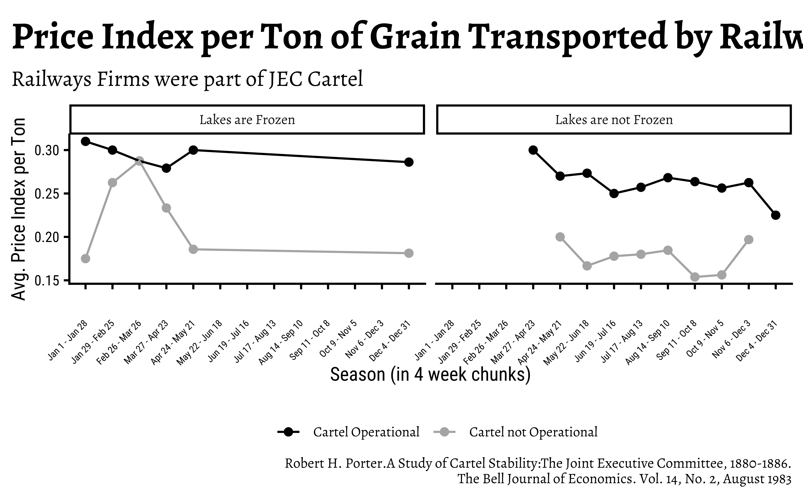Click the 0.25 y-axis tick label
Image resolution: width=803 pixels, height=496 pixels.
[47, 194]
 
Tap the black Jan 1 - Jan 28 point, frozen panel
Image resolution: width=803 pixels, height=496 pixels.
[85, 142]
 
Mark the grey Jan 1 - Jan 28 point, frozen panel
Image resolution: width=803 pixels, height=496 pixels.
[85, 258]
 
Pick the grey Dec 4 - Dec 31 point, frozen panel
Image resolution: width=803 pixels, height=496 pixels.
[409, 253]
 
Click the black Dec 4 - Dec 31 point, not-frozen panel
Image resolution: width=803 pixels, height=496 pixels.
[775, 215]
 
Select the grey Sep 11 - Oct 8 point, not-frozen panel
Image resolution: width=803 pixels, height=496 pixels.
[695, 277]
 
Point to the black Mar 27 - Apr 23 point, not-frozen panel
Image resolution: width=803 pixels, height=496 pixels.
[533, 150]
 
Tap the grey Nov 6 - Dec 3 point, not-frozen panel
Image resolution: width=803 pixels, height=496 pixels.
[749, 240]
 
